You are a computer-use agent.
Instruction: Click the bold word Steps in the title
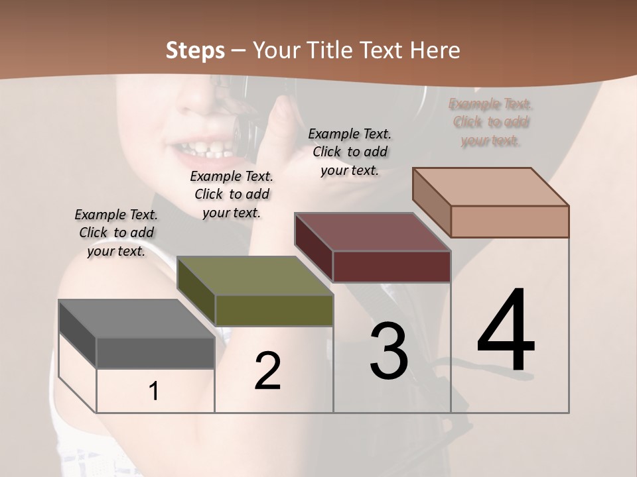coord(195,50)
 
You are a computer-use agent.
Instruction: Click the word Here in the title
coord(434,50)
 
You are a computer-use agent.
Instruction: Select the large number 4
coord(506,331)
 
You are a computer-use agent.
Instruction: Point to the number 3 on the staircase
coord(388,351)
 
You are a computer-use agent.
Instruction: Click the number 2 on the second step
coord(267,371)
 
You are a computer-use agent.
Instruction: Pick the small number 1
coord(154,392)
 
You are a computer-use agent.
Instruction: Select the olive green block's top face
coord(255,276)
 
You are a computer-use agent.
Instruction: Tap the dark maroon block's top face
coord(372,232)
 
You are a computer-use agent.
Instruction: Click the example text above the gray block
coord(116,233)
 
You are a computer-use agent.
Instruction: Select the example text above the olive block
coord(232,194)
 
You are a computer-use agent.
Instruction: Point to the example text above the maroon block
coord(350,152)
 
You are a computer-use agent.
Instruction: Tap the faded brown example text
coord(490,122)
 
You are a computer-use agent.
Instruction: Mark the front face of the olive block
coord(274,310)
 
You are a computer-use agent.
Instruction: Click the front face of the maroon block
coord(391,266)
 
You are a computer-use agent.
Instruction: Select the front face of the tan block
coord(510,221)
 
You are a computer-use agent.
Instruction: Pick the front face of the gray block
coord(155,352)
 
